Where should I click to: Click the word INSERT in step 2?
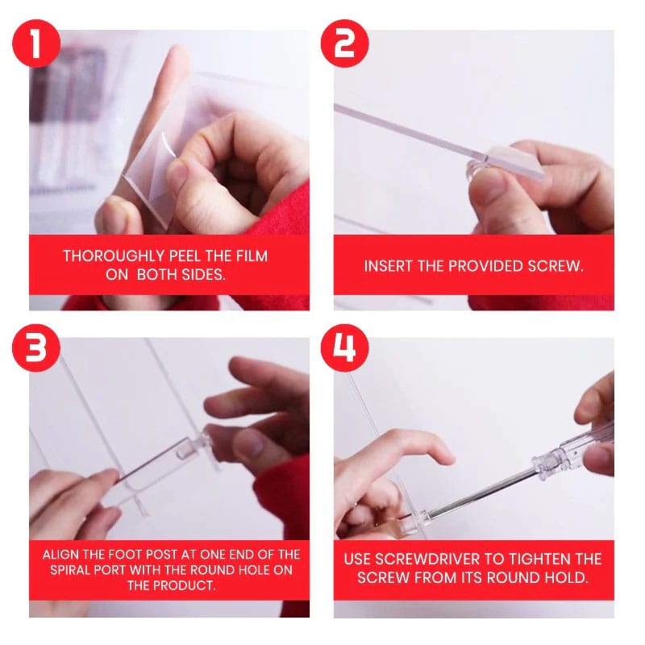[389, 265]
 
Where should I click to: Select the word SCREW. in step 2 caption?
[553, 265]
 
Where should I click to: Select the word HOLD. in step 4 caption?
[564, 577]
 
